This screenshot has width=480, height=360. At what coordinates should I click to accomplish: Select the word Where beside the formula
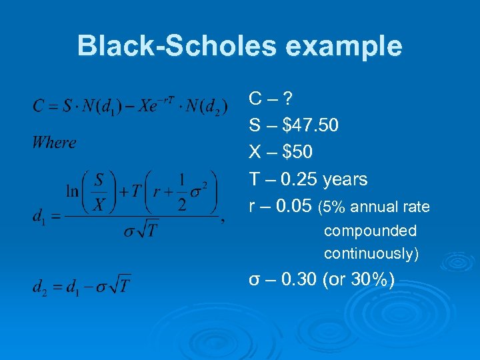point(54,142)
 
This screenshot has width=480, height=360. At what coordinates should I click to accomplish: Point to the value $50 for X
point(297,153)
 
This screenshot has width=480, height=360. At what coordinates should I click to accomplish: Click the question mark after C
point(288,99)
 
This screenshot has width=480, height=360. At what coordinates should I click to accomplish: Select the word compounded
point(370,231)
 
